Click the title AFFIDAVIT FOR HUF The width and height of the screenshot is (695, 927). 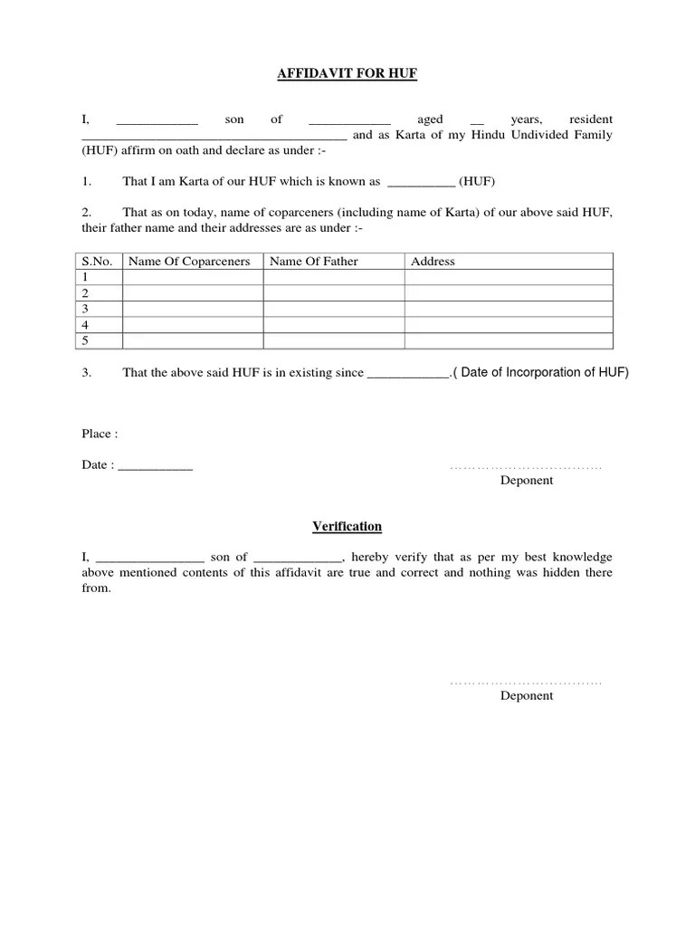tap(347, 73)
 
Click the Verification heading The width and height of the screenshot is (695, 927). tap(347, 526)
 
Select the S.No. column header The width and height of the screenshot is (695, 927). tap(97, 262)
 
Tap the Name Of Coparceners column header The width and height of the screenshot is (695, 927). tap(189, 262)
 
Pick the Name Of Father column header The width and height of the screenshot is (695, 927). tap(314, 262)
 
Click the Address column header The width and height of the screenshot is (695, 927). tap(433, 262)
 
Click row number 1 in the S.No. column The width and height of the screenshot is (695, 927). tap(85, 277)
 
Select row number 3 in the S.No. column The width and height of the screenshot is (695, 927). tap(85, 309)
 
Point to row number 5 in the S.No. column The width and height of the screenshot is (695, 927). tap(85, 340)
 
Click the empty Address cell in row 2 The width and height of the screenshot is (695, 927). tap(508, 293)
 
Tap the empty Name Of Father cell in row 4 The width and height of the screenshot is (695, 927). tap(333, 325)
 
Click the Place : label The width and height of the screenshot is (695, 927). tap(100, 434)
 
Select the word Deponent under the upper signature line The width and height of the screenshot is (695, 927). tap(527, 481)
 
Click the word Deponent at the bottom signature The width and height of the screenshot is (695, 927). tap(527, 696)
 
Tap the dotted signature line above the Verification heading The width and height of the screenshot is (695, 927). tap(526, 467)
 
